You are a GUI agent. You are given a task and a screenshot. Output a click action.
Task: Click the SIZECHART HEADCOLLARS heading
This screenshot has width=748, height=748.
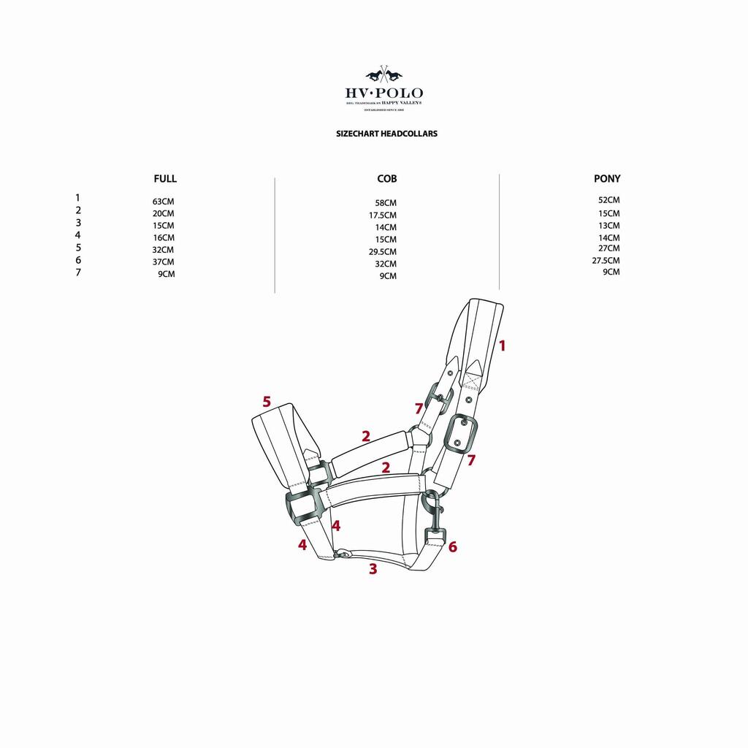pos(386,134)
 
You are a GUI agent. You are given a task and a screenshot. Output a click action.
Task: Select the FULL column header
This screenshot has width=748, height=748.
pos(165,178)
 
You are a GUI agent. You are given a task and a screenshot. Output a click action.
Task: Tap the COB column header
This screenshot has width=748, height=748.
pos(387,178)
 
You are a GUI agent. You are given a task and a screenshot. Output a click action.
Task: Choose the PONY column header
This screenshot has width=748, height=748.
pos(607,178)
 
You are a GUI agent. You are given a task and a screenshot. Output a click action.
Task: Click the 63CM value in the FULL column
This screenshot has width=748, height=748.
pos(164,202)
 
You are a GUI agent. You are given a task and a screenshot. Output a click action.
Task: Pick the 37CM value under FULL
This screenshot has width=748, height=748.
pos(164,262)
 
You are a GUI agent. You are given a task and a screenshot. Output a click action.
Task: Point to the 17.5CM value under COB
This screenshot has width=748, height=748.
pos(383,215)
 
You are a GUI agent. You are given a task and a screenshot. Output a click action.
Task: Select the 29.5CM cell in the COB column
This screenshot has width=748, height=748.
pos(383,251)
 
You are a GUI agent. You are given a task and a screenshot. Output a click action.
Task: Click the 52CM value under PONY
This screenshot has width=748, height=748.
pos(608,200)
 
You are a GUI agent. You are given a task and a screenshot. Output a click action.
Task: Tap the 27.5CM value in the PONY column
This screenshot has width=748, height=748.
pos(606,260)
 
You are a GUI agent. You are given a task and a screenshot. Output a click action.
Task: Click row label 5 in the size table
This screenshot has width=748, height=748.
pos(78,248)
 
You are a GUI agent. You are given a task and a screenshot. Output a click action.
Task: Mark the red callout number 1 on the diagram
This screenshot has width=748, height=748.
pos(502,346)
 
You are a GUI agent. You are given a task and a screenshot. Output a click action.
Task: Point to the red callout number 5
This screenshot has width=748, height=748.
pos(267,401)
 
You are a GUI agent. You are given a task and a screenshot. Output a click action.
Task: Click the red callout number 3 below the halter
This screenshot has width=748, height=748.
pos(373,570)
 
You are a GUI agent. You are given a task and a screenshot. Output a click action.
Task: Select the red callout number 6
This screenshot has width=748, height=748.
pos(453,546)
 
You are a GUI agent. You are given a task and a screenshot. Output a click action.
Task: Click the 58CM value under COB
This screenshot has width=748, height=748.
pos(386,203)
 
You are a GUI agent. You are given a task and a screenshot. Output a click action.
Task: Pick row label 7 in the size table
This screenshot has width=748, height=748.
pos(78,273)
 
